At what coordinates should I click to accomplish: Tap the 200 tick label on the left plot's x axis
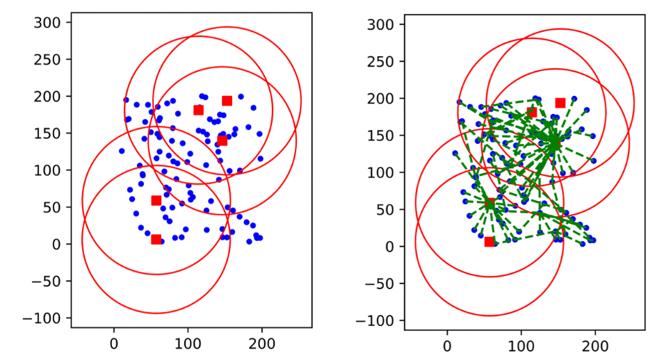pyautogui.click(x=261, y=342)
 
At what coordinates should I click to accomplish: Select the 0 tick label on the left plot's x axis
pyautogui.click(x=114, y=342)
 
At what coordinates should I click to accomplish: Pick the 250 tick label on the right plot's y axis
pyautogui.click(x=387, y=61)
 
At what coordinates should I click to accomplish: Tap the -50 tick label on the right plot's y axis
pyautogui.click(x=382, y=283)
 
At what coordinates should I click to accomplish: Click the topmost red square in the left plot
pyautogui.click(x=227, y=101)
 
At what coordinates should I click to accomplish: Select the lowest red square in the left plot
pyautogui.click(x=156, y=239)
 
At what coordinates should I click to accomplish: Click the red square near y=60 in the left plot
pyautogui.click(x=156, y=200)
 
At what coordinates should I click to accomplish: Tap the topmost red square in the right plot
pyautogui.click(x=560, y=103)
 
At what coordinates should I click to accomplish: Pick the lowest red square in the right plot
pyautogui.click(x=489, y=241)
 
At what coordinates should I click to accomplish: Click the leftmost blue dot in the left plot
pyautogui.click(x=122, y=151)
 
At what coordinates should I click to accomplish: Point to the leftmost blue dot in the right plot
pyautogui.click(x=455, y=153)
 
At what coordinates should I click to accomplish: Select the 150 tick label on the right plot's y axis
pyautogui.click(x=387, y=135)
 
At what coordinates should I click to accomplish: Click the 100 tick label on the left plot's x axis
pyautogui.click(x=188, y=342)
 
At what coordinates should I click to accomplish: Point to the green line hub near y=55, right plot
pyautogui.click(x=490, y=204)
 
